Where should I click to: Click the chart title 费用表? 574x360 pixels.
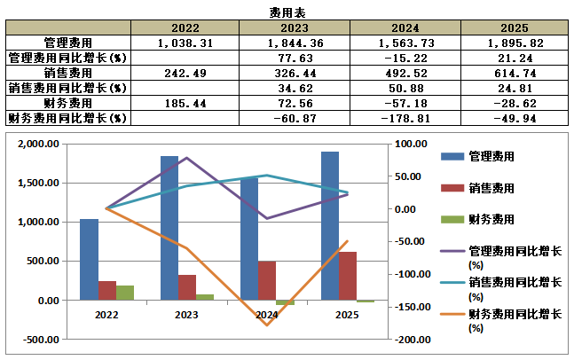287,12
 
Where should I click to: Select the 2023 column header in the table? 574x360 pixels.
295,27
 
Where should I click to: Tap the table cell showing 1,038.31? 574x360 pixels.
185,43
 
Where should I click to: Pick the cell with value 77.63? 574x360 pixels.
295,59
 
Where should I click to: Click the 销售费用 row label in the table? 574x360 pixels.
68,74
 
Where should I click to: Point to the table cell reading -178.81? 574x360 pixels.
405,119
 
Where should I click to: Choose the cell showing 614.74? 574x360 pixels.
515,74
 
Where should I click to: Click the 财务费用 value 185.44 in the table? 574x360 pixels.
185,103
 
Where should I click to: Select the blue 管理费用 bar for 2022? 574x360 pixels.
89,260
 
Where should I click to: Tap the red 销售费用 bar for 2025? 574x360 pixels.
348,276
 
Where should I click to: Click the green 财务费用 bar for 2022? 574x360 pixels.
125,293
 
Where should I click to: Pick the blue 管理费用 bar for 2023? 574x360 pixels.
169,228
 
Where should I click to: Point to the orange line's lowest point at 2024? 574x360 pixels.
267,325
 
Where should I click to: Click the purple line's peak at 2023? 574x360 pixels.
186,158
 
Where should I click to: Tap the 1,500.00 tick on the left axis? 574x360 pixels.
38,183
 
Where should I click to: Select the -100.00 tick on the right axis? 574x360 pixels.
413,274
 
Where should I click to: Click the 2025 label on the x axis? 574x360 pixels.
347,315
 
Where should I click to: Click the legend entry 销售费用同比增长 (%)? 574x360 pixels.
500,289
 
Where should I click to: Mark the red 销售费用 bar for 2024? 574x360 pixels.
267,280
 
